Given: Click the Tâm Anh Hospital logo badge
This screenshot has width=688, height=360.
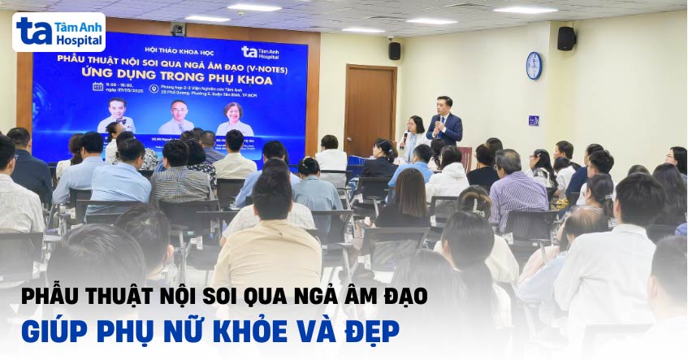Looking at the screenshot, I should pos(58,32).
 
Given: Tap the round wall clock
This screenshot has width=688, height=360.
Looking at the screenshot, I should pos(534,66).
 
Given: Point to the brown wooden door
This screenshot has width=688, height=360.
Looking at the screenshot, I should pos(370,109).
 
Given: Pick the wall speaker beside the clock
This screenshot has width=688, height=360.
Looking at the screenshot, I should pos(565,39).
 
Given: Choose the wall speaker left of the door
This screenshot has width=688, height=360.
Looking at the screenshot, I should pos(394,50).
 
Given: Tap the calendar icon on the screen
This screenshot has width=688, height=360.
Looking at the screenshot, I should pos(97,86).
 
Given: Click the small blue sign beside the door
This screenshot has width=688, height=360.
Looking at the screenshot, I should pos(534,120).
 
